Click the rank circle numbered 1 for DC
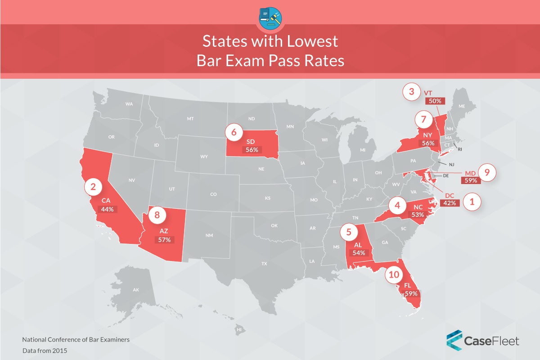pos(472,202)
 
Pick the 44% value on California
pos(108,209)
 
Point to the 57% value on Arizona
pos(164,240)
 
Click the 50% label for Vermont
pos(435,101)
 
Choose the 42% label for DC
pos(450,203)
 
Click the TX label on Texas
pos(264,264)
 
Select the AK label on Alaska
pos(136,290)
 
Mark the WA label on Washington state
pos(129,104)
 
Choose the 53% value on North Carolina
pos(418,215)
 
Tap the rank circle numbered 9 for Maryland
pos(487,172)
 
